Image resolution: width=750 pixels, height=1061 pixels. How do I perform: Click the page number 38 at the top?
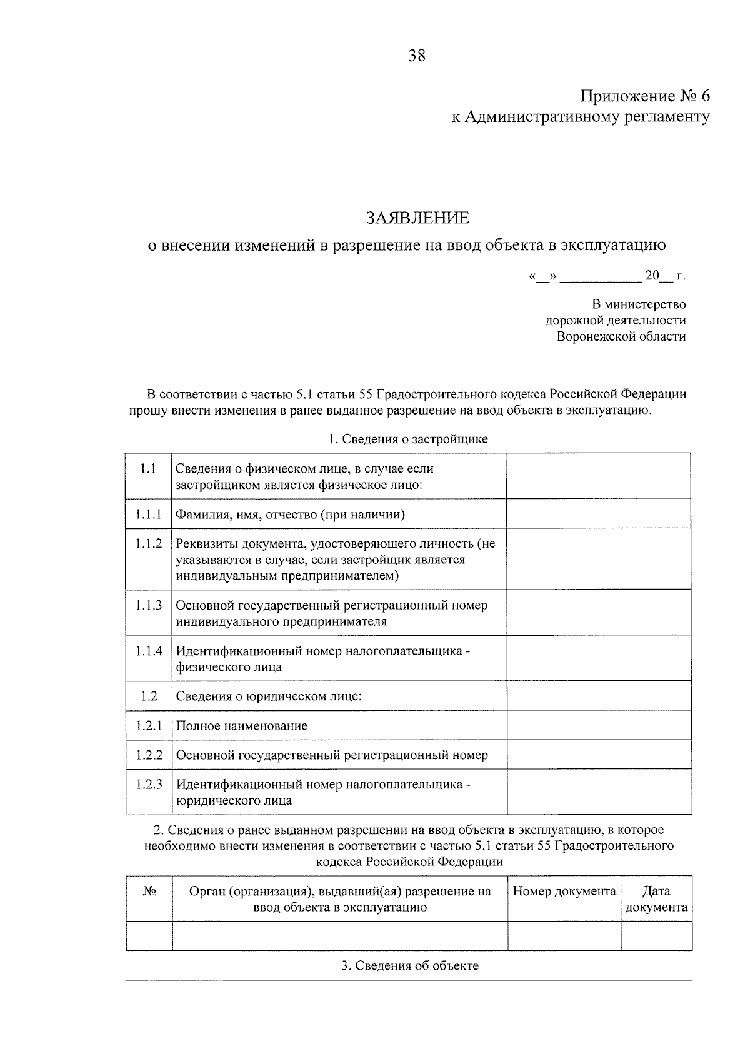(417, 56)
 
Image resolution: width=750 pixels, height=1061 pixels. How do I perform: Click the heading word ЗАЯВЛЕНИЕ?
(417, 218)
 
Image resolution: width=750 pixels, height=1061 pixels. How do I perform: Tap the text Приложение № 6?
(646, 96)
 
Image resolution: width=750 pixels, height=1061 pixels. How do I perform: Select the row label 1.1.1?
(148, 515)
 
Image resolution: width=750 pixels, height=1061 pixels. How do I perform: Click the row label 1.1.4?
(148, 651)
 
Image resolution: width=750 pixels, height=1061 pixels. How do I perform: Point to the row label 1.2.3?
(149, 784)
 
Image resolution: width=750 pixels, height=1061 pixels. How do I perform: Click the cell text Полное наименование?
(242, 726)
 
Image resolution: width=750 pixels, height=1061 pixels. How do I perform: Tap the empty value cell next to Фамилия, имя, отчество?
(598, 513)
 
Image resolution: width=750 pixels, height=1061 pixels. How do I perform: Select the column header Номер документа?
(564, 891)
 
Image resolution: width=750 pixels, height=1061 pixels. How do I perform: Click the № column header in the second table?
(149, 891)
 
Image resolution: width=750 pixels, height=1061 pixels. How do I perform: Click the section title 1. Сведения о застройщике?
(408, 439)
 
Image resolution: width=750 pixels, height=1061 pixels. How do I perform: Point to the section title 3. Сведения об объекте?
(409, 965)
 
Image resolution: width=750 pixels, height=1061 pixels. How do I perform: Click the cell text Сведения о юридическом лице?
(269, 696)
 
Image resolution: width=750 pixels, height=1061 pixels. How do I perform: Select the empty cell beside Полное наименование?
(599, 725)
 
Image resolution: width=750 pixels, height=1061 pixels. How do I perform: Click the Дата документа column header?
(656, 899)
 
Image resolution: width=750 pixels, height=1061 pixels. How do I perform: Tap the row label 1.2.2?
(149, 755)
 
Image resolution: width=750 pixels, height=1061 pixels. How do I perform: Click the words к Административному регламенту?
(581, 117)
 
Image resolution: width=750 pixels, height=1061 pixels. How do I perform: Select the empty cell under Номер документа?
(564, 936)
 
